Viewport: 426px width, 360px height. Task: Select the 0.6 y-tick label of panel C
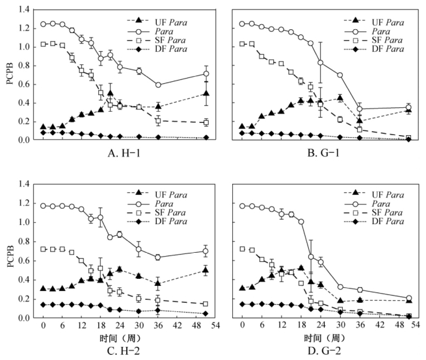coord(24,259)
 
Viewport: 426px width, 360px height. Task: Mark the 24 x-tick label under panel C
coord(120,326)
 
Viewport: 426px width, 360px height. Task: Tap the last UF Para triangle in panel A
coord(206,94)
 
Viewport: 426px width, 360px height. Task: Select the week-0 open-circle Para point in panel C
coord(44,206)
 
